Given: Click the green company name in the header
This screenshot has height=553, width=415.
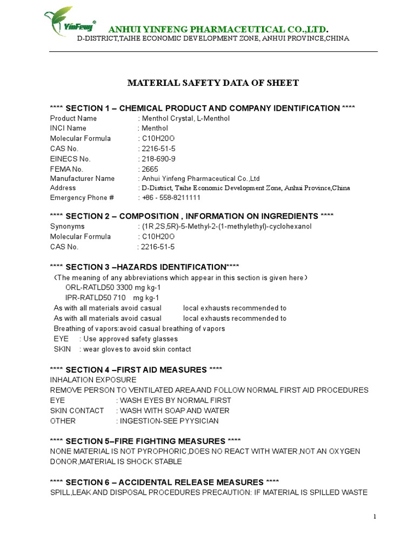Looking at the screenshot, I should click(x=218, y=29).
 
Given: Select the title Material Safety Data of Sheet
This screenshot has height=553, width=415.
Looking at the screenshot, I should click(x=212, y=83).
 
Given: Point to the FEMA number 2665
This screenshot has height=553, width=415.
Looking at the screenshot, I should click(x=150, y=168).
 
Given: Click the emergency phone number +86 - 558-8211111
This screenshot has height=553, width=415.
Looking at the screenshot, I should click(x=171, y=198).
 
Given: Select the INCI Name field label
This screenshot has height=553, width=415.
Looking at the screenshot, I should click(x=68, y=129).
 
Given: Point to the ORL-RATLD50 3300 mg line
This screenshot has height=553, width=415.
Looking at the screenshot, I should click(x=112, y=288).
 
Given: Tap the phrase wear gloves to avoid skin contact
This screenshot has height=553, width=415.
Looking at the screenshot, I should click(x=137, y=349).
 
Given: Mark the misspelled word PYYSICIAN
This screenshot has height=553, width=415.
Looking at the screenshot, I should click(x=194, y=421).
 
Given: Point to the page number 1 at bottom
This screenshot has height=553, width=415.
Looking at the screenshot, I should click(x=374, y=516).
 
